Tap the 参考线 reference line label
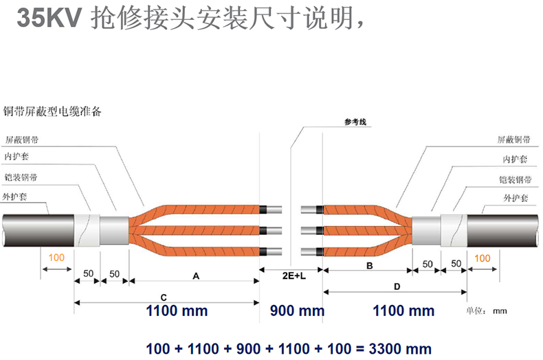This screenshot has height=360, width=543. pyautogui.click(x=356, y=122)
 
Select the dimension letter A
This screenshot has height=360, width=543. pyautogui.click(x=195, y=276)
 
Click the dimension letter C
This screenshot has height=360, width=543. pyautogui.click(x=164, y=297)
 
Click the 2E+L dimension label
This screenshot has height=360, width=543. pyautogui.click(x=292, y=275)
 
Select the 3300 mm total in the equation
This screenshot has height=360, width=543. pyautogui.click(x=401, y=348)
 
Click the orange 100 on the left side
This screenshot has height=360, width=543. pyautogui.click(x=56, y=258)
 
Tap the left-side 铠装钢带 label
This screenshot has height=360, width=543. pyautogui.click(x=21, y=178)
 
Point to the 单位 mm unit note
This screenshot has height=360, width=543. pyautogui.click(x=487, y=311)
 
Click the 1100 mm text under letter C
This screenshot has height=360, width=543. pyautogui.click(x=177, y=311)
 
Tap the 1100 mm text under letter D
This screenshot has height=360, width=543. pyautogui.click(x=403, y=311)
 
